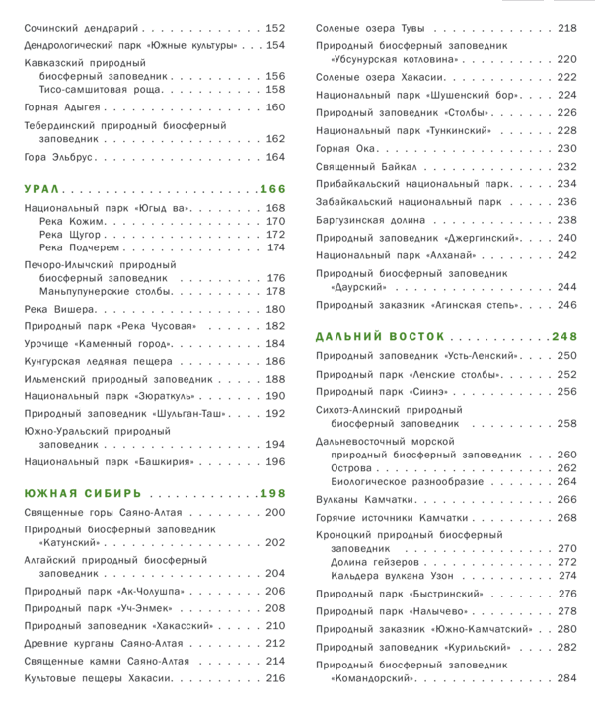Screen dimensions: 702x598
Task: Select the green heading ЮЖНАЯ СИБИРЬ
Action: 83,493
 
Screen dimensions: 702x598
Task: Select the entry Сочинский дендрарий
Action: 82,27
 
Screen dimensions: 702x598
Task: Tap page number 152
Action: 275,27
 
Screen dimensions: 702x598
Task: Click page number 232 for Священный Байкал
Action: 566,166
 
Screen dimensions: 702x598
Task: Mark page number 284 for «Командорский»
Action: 566,678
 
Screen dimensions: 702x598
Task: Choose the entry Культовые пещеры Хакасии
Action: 99,678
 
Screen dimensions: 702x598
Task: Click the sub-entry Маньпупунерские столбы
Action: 106,291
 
